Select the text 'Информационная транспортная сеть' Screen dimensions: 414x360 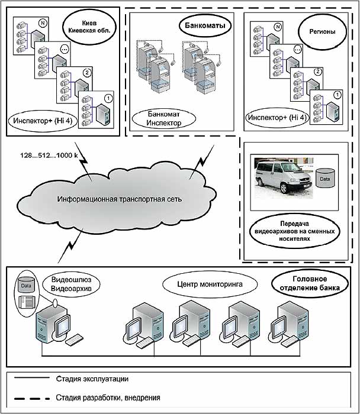[119, 199]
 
